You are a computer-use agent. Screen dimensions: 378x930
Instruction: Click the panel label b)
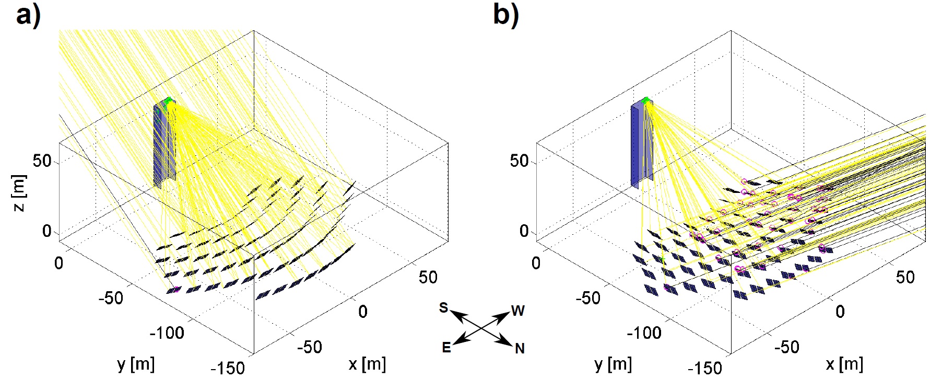(x=505, y=16)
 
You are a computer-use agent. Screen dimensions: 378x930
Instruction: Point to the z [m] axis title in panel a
(x=20, y=193)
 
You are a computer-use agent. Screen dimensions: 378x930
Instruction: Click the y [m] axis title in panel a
(x=136, y=364)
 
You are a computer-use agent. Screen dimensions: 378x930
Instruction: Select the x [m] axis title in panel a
(x=367, y=364)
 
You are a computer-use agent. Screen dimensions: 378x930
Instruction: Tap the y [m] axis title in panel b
(x=613, y=364)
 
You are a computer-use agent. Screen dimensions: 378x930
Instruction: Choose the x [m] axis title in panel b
(x=844, y=364)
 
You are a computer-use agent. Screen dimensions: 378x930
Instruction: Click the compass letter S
(x=443, y=308)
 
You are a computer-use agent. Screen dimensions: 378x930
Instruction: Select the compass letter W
(x=517, y=311)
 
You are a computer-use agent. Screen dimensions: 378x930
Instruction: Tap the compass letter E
(x=446, y=348)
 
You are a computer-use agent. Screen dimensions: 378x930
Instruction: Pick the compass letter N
(x=519, y=349)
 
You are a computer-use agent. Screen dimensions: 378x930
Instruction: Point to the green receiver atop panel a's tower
(x=167, y=102)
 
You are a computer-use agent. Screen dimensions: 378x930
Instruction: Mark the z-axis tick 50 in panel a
(x=42, y=161)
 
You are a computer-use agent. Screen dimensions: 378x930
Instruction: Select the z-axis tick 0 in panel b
(x=524, y=231)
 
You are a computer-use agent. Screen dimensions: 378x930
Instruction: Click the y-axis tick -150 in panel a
(x=230, y=368)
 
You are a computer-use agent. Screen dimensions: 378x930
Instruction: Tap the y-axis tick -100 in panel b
(x=645, y=333)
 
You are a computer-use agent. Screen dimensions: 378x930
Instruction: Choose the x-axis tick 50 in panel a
(x=428, y=277)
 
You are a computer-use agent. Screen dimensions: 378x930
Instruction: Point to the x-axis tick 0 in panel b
(x=840, y=312)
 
